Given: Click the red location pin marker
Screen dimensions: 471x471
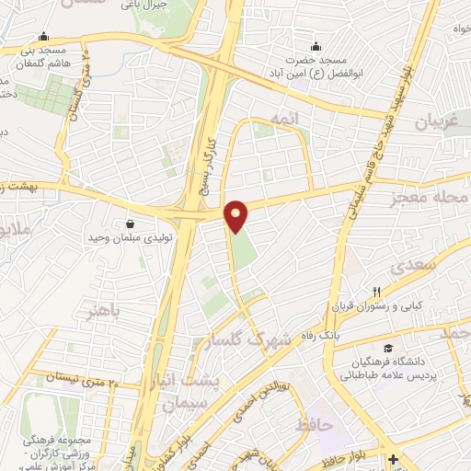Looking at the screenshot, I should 236,214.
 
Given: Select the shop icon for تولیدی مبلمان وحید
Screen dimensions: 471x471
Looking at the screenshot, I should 130,224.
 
